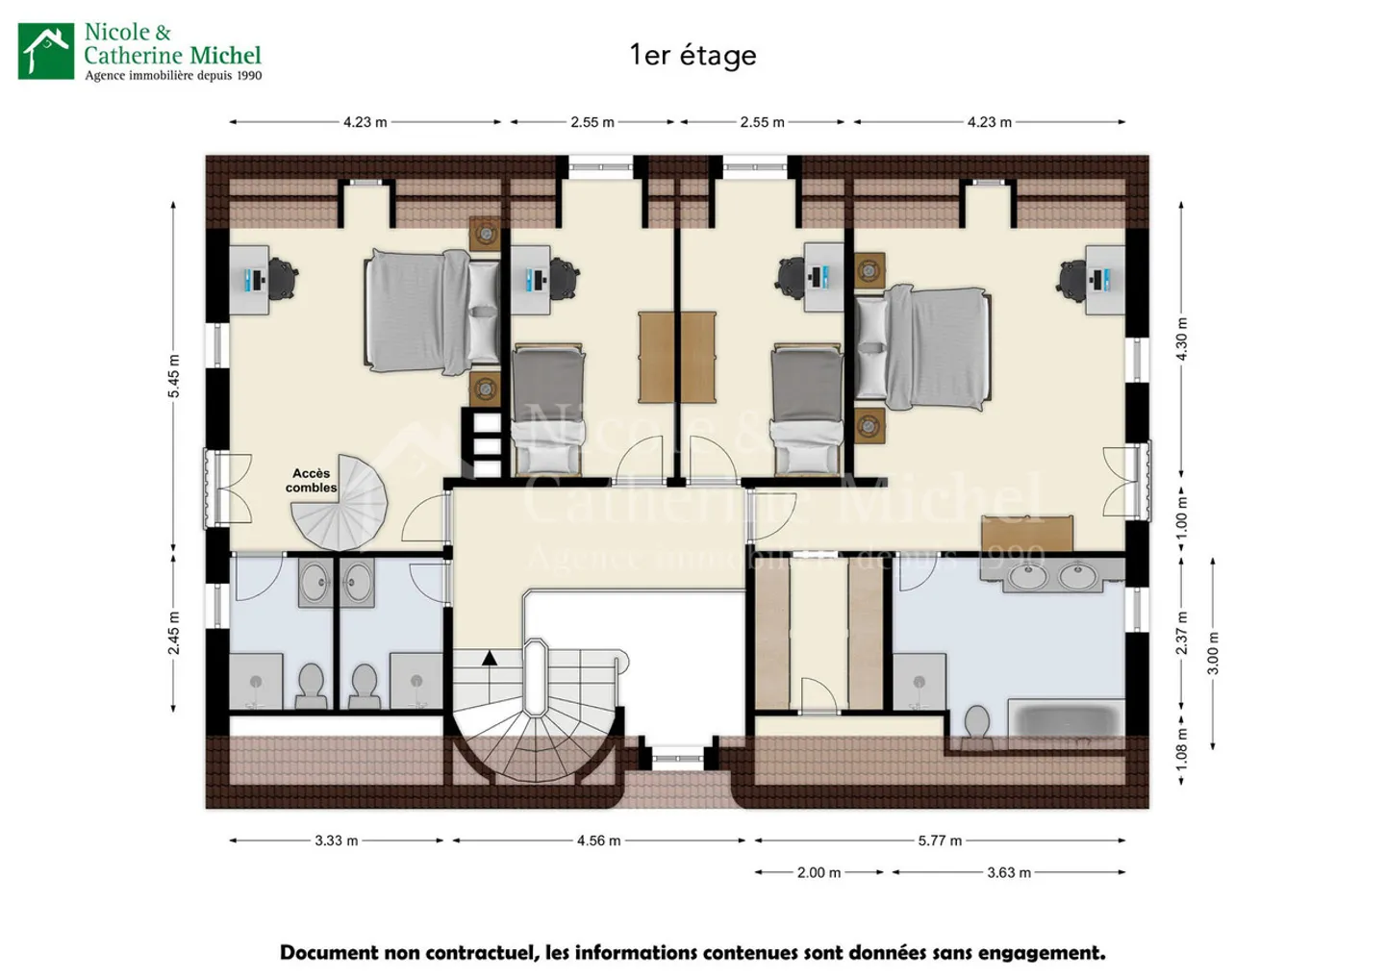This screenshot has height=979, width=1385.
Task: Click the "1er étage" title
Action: pos(692,56)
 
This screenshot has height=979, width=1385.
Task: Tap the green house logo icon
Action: pos(46,51)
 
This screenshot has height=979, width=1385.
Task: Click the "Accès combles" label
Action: pos(311,480)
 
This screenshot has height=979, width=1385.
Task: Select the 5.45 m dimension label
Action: pos(174,376)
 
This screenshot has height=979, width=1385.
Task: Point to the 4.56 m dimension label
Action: pos(598,841)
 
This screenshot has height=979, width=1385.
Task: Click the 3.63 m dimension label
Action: pos(1008,872)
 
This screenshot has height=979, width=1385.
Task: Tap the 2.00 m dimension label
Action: pos(818,872)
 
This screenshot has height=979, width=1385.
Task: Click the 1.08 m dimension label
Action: pos(1181,749)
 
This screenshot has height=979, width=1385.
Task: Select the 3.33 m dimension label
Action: pos(337,841)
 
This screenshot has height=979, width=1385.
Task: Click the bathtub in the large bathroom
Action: pos(1066,720)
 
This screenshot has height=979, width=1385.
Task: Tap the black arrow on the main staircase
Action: pos(490,658)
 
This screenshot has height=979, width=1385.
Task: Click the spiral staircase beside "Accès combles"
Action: pos(339,502)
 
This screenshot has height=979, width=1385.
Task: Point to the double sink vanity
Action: pos(1052,575)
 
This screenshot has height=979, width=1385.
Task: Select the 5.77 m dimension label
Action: pos(940,841)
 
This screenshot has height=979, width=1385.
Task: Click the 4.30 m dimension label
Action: pos(1181,339)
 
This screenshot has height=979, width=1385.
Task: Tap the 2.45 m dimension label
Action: pos(174,632)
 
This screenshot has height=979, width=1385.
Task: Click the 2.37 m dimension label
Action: pos(1181,632)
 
